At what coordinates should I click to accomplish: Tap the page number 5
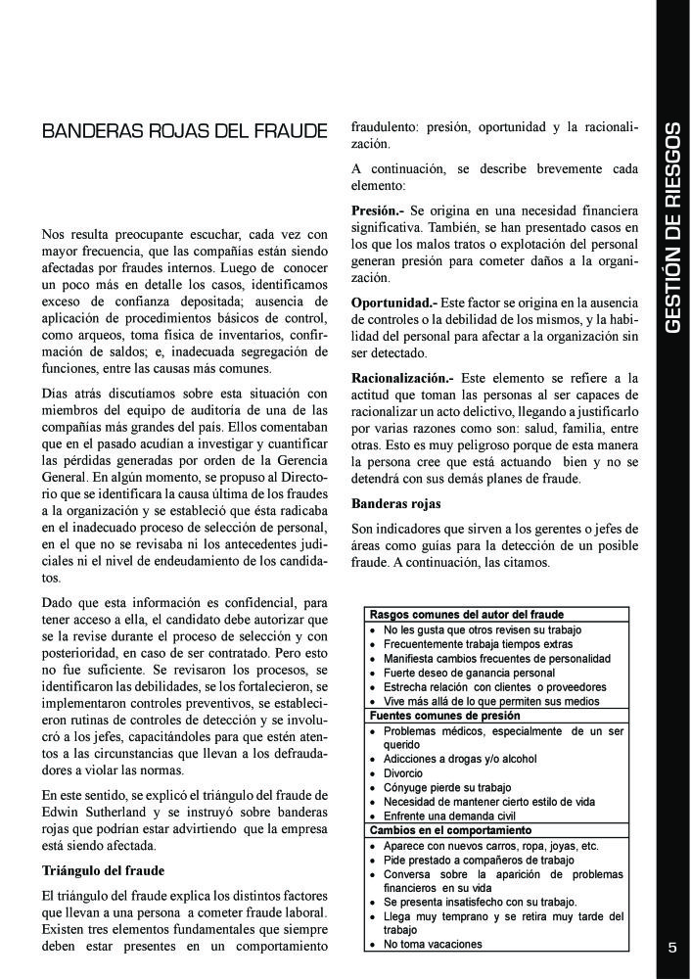click(672, 947)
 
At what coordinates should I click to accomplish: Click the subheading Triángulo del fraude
click(103, 869)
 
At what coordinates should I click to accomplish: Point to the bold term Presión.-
click(376, 210)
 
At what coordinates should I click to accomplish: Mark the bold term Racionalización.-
click(402, 377)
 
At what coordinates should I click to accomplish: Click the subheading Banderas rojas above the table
click(395, 504)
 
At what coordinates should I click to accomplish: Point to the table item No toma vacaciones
click(433, 945)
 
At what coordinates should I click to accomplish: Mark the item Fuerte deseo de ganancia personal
click(469, 674)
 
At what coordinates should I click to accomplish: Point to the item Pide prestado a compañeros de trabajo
click(479, 861)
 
